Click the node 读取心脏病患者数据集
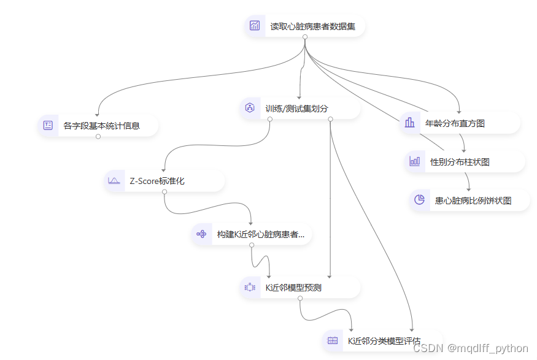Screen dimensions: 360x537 point(312,26)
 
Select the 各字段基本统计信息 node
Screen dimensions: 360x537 point(101,126)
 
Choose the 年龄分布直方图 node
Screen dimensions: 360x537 point(455,123)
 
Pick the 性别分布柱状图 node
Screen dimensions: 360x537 point(460,162)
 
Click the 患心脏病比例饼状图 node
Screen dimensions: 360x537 point(473,200)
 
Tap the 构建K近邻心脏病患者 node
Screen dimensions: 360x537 point(260,234)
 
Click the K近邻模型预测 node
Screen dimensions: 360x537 point(293,287)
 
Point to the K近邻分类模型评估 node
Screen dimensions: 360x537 point(384,340)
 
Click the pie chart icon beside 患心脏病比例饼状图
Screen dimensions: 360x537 point(420,200)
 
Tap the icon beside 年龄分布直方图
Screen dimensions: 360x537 point(409,123)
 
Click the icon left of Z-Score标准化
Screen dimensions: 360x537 point(114,181)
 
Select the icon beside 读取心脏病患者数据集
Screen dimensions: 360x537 point(255,26)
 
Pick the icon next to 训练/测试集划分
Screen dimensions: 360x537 point(250,108)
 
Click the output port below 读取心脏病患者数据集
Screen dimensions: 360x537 point(304,37)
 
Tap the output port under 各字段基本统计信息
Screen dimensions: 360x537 point(98,137)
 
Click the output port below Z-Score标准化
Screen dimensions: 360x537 point(164,192)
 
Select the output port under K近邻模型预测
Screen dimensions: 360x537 point(300,298)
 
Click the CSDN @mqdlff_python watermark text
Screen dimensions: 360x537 point(470,348)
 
